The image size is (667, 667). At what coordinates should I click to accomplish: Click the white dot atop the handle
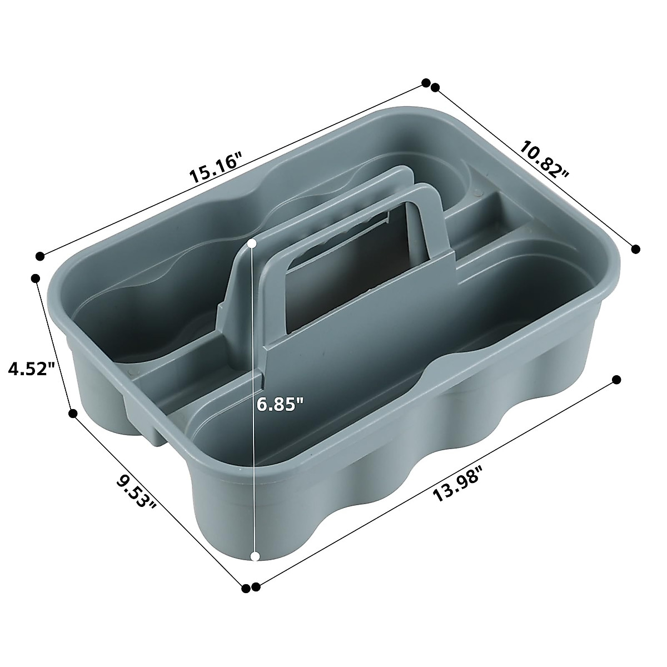252,243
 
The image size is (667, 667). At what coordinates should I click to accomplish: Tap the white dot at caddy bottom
256,556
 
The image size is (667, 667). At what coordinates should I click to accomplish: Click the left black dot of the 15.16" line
39,256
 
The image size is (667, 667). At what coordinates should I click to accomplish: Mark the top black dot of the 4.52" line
36,277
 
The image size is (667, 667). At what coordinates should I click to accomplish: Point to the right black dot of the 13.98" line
616,380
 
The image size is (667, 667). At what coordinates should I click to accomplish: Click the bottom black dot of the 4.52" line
72,412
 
